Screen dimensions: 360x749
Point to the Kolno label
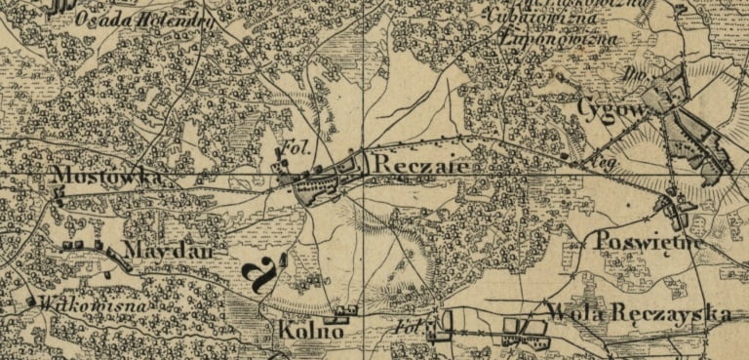click(310, 332)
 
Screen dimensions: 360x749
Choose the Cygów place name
click(611, 106)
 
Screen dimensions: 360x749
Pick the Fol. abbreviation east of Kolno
click(409, 328)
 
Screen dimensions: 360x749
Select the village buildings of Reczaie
click(327, 180)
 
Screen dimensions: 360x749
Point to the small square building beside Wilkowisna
click(32, 301)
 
